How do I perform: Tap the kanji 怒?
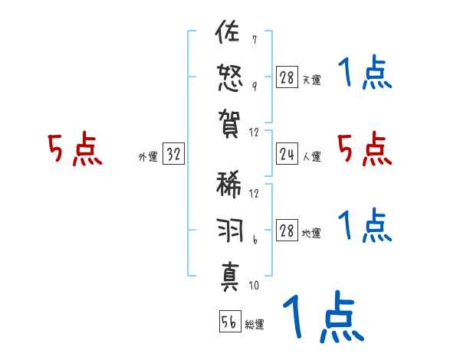coord(228,78)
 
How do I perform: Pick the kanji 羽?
coord(228,231)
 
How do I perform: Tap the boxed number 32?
coord(173,155)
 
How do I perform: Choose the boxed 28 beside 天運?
coord(287,77)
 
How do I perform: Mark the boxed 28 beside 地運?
coord(287,231)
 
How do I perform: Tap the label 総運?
coord(254,325)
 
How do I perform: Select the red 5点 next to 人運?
coord(365,149)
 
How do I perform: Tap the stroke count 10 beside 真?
coord(254,286)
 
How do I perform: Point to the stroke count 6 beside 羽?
coord(254,242)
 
